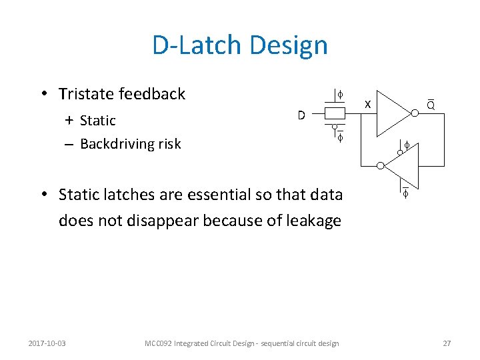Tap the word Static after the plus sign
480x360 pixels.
(97, 121)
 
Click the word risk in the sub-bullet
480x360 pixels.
(168, 144)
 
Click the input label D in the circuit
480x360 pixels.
(301, 115)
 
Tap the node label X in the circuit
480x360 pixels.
(367, 104)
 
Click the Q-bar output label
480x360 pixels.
(431, 104)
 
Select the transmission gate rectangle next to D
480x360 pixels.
(334, 114)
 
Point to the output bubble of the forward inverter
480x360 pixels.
(414, 114)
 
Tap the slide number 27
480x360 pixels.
(447, 343)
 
